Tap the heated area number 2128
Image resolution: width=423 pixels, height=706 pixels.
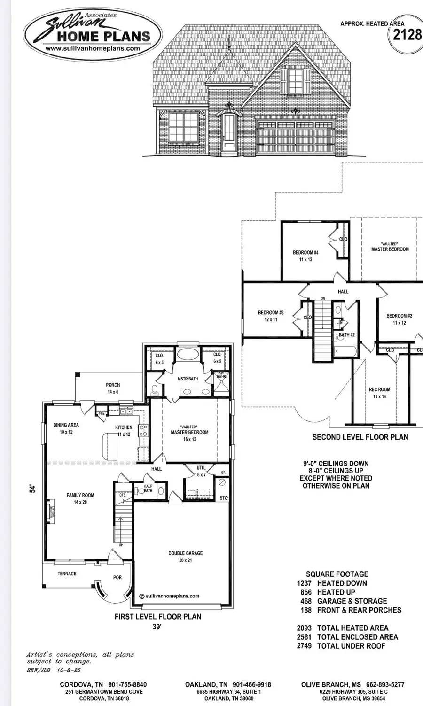407,34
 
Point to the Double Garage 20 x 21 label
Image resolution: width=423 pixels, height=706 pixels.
186,557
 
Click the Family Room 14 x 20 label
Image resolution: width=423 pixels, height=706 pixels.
80,498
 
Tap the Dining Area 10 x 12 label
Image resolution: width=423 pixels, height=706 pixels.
66,428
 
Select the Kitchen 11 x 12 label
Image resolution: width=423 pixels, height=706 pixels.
124,431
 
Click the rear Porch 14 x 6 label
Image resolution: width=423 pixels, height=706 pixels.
113,388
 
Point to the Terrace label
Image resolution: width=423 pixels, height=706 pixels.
67,574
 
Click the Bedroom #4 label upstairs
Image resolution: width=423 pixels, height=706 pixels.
305,256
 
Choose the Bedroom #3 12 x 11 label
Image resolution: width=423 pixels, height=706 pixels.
271,316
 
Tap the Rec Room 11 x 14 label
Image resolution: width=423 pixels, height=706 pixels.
379,393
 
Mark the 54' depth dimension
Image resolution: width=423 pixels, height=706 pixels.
32,489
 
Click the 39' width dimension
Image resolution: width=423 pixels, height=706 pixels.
157,627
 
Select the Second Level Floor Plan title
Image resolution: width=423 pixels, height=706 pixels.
360,437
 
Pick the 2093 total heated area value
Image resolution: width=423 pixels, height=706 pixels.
304,628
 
